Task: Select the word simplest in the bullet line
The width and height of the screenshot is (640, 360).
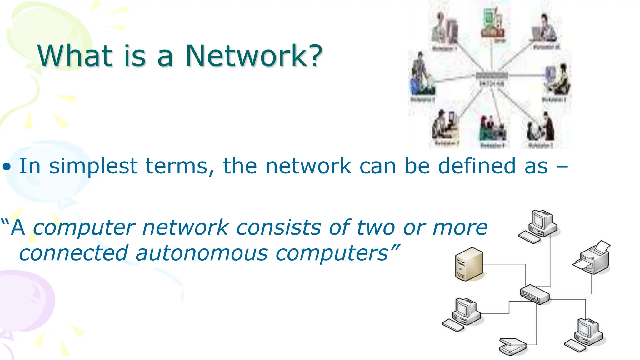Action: (93, 166)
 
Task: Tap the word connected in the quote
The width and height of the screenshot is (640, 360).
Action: (74, 253)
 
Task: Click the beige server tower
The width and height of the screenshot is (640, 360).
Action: (469, 264)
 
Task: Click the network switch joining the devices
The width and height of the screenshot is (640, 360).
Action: (535, 294)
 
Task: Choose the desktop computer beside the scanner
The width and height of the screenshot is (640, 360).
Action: (585, 336)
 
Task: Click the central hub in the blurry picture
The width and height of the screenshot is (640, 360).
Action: (492, 76)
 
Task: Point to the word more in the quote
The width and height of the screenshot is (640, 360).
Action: (460, 227)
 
